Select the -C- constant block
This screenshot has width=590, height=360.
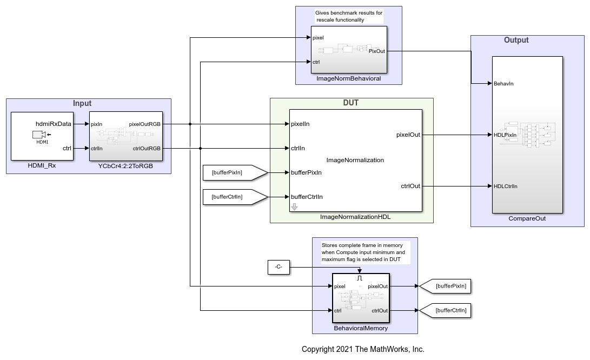(x=279, y=267)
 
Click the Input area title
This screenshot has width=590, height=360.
(x=82, y=103)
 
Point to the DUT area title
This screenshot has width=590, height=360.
(x=351, y=103)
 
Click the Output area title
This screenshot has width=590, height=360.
(x=516, y=40)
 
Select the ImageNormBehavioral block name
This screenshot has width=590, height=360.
(x=349, y=78)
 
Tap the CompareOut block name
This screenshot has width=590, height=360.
(x=527, y=219)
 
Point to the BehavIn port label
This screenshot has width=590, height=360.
(x=503, y=84)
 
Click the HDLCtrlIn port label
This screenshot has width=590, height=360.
(x=506, y=186)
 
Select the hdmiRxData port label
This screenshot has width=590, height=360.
(x=54, y=124)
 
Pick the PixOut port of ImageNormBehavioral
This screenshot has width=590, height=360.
(x=376, y=51)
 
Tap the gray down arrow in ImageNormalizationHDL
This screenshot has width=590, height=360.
(x=295, y=206)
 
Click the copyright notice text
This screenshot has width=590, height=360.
(x=363, y=349)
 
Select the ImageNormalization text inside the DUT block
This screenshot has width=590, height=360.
(x=355, y=160)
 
